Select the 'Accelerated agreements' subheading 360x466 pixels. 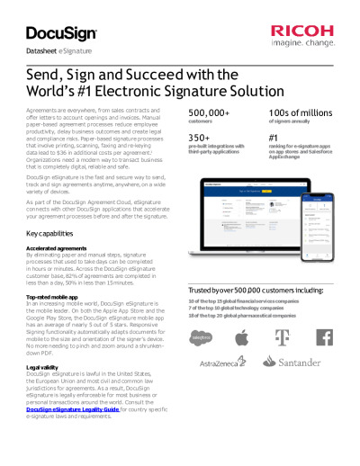(x=59, y=246)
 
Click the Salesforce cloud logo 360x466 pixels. (x=203, y=338)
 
